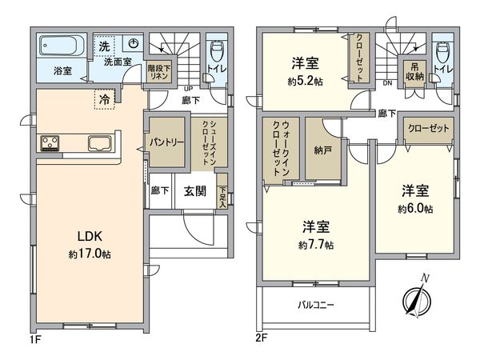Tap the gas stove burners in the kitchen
pos(50,144)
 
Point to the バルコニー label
pos(317,305)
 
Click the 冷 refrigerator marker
pos(104,99)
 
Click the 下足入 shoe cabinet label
pos(222,197)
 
